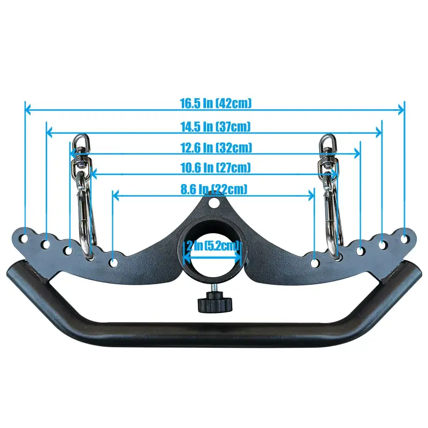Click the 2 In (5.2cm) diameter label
[x=213, y=246]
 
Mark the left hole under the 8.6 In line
[x=113, y=262]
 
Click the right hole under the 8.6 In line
[x=315, y=262]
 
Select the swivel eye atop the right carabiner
[x=325, y=142]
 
